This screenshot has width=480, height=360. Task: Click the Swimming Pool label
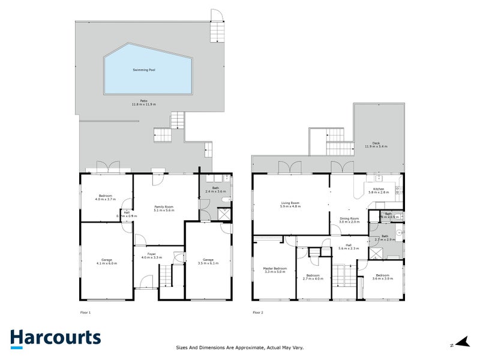pyautogui.click(x=144, y=70)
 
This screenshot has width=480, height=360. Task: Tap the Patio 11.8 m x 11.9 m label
pyautogui.click(x=144, y=103)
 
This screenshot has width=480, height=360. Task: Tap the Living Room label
pyautogui.click(x=290, y=204)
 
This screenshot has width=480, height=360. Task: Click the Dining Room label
pyautogui.click(x=349, y=220)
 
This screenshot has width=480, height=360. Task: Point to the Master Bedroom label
pyautogui.click(x=275, y=269)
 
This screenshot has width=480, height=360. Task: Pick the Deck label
pyautogui.click(x=376, y=144)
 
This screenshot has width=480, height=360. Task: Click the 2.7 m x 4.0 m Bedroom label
pyautogui.click(x=313, y=277)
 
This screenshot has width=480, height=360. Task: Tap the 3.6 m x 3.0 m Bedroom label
pyautogui.click(x=382, y=277)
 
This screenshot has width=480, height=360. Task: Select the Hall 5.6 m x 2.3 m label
pyautogui.click(x=348, y=246)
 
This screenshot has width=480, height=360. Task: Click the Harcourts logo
pyautogui.click(x=55, y=338)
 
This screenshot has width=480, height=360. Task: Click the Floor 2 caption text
pyautogui.click(x=257, y=313)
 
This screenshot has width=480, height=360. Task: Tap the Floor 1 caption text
pyautogui.click(x=85, y=313)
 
